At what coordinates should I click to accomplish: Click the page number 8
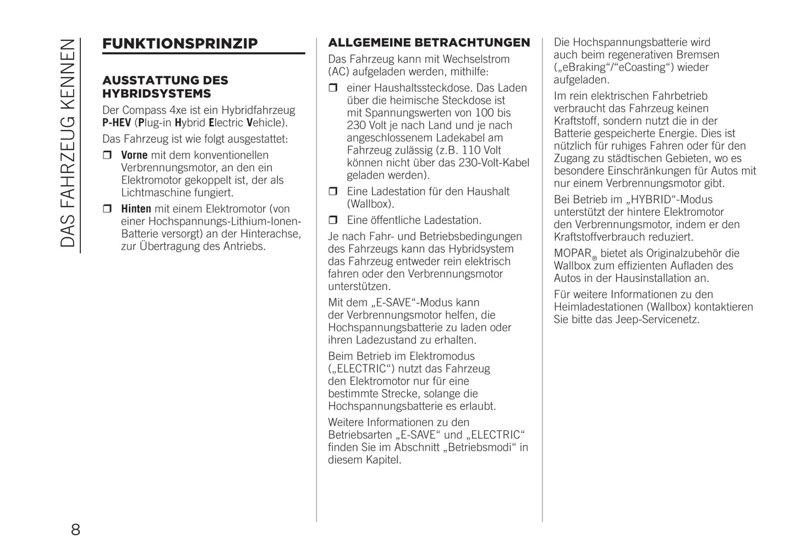(x=75, y=530)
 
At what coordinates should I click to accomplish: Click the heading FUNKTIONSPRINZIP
(x=180, y=44)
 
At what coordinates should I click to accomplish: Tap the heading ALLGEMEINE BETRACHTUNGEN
(x=429, y=43)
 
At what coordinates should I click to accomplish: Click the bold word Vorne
(x=134, y=156)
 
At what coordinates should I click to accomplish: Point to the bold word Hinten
(x=136, y=209)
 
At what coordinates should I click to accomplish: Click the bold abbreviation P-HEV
(x=117, y=123)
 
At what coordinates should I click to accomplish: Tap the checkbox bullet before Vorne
(x=108, y=156)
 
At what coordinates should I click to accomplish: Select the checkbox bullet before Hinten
(x=108, y=209)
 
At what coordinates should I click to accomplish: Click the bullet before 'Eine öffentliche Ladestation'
(x=333, y=220)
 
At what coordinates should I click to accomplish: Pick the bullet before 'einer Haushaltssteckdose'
(x=333, y=88)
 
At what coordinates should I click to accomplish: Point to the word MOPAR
(x=572, y=253)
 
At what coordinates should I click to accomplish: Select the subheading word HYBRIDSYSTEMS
(x=157, y=93)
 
